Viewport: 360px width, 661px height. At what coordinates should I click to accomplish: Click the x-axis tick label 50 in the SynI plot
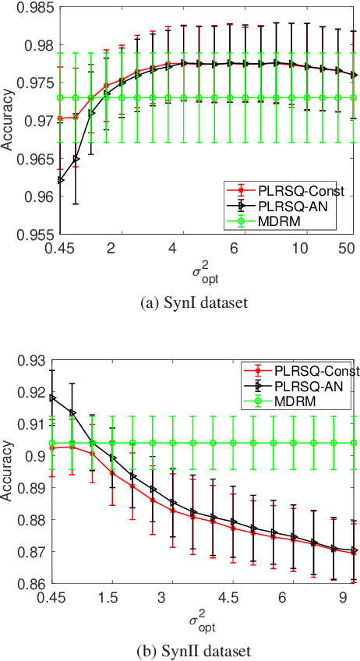click(x=346, y=247)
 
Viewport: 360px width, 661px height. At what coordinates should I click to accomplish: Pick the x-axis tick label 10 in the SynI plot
click(x=300, y=247)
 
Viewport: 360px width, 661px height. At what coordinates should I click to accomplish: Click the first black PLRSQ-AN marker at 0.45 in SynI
click(x=61, y=180)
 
